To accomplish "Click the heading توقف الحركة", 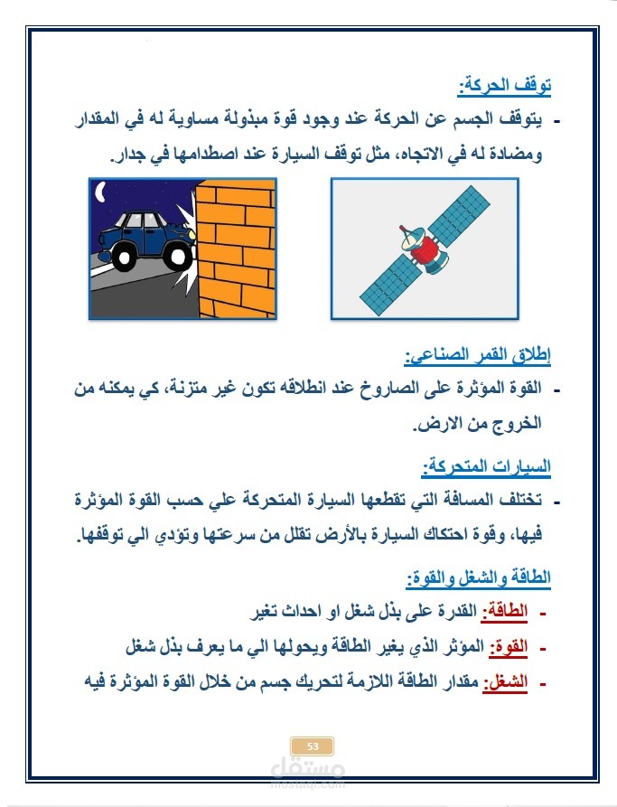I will coord(505,88).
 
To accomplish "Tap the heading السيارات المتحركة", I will coord(487,468).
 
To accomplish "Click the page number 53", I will coord(313,746).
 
